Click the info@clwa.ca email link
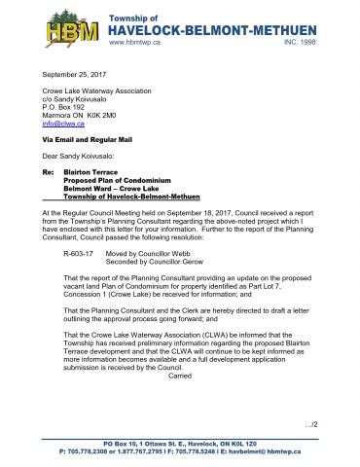59,124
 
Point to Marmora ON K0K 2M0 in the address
85,115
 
